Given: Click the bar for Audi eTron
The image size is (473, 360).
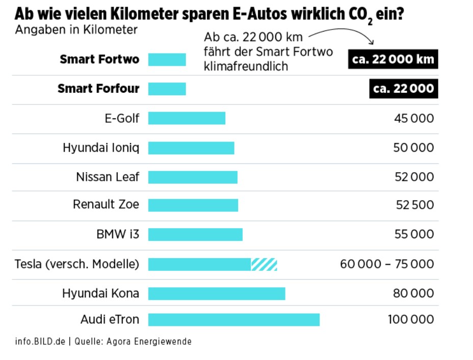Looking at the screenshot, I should [233, 320].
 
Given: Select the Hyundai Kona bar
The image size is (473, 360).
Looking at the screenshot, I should [217, 294].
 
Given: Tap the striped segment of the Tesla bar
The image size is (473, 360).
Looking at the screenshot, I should [264, 264].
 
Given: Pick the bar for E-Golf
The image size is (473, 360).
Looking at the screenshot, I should [187, 119].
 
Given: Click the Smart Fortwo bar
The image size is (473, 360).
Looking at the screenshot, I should [167, 60].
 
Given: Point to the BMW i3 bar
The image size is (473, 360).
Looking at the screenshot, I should [195, 235].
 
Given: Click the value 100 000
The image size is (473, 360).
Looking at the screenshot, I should [411, 320].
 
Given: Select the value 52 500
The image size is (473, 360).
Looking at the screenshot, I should [415, 205].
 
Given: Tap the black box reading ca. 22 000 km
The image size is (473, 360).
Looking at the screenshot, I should [392, 59].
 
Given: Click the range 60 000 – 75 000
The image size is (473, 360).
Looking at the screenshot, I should [387, 264].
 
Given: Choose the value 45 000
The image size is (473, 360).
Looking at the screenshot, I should [414, 119].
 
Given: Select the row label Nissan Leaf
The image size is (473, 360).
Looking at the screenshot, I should [108, 177].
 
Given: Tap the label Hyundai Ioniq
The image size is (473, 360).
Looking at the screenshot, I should [101, 148].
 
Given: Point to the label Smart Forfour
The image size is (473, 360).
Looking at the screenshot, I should [98, 89].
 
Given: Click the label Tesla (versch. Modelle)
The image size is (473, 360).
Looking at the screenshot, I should [77, 264].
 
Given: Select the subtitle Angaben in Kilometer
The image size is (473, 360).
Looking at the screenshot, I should [76, 30].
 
